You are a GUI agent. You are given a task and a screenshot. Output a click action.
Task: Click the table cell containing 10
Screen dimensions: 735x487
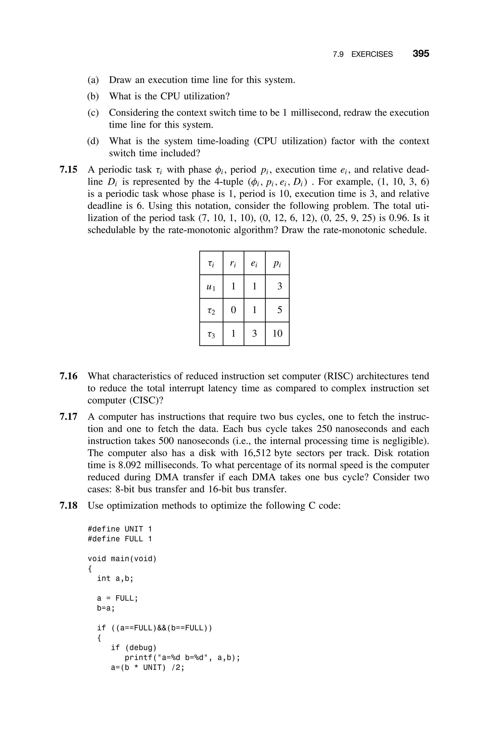[277, 334]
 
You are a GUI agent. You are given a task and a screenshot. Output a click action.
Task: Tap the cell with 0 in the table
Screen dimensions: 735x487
[233, 310]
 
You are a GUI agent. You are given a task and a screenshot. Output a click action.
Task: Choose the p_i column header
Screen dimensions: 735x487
[277, 263]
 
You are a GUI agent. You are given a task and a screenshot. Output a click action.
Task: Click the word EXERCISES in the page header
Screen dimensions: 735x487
[372, 54]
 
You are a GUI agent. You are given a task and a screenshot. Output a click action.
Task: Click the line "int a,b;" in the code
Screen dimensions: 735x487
[115, 579]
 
